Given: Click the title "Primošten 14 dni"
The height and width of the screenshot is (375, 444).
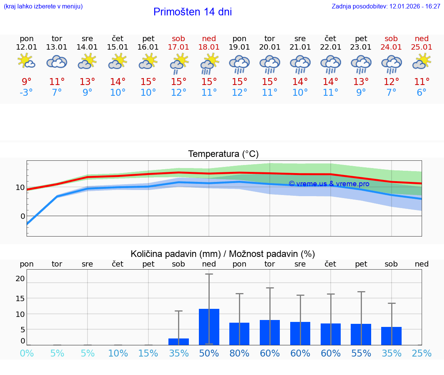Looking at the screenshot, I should click(x=192, y=12).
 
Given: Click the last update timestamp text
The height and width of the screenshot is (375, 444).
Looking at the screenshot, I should click(x=386, y=7).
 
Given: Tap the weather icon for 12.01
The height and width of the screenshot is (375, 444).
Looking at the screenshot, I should click(x=27, y=61).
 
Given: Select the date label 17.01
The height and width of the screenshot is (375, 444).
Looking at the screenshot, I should click(x=178, y=47).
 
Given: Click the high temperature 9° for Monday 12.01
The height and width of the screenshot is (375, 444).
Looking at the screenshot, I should click(x=27, y=82).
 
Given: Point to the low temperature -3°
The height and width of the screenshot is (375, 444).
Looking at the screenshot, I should click(x=27, y=93).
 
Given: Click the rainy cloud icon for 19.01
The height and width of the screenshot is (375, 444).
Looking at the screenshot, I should click(x=239, y=63).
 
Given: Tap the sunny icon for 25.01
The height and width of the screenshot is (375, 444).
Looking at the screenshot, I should click(x=422, y=61).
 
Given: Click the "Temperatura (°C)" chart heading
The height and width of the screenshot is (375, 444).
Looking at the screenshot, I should click(x=223, y=154).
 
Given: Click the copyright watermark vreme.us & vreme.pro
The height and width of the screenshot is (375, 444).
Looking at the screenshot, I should click(x=329, y=184).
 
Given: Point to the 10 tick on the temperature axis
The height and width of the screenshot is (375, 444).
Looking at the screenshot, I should click(x=20, y=188).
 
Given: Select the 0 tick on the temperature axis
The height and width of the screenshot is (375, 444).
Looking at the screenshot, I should click(x=23, y=216).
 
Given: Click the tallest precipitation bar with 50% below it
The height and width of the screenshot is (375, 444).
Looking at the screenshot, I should click(x=209, y=327).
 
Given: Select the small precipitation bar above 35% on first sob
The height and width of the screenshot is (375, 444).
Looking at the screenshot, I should click(x=178, y=342).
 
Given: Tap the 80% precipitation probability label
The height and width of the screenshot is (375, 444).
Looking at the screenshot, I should click(x=239, y=353).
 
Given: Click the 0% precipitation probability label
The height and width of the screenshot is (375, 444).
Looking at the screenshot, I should click(x=27, y=353).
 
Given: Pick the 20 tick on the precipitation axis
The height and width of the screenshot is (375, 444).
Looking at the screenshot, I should click(x=20, y=278).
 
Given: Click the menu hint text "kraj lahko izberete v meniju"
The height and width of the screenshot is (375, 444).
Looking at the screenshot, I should click(x=43, y=7).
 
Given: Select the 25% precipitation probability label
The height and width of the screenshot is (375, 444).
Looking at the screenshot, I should click(x=422, y=353).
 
